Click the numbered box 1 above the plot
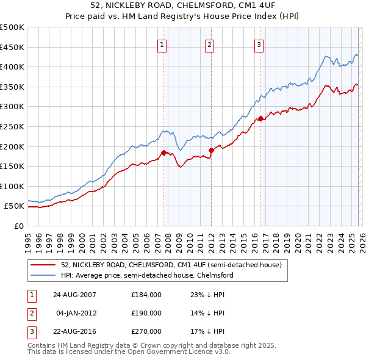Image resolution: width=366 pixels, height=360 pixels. tap(163, 44)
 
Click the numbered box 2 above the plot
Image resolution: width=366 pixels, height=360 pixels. tap(209, 44)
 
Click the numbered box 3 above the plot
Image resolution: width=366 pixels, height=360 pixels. tap(259, 44)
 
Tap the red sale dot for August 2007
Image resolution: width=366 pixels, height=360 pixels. tap(163, 153)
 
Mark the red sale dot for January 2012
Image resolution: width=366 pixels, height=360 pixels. tap(211, 150)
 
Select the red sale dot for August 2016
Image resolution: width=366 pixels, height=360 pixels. tap(260, 118)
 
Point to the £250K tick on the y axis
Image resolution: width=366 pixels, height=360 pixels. tap(12, 126)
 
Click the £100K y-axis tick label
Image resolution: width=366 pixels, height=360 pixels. tap(12, 186)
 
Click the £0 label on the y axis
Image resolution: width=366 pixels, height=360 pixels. tap(18, 226)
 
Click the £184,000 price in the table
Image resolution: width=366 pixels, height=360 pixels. tap(146, 295)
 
